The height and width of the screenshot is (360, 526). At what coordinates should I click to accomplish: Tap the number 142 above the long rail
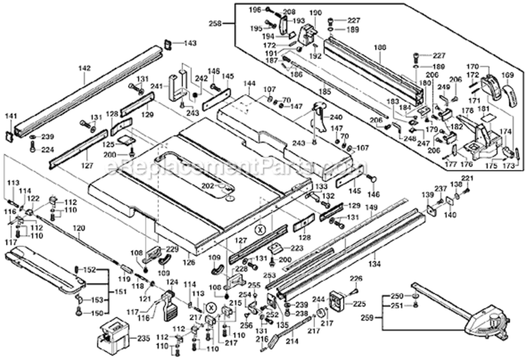click(x=85, y=69)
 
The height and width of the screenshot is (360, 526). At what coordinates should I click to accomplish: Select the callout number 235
click(x=143, y=338)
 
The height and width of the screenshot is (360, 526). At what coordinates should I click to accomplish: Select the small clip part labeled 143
click(x=168, y=44)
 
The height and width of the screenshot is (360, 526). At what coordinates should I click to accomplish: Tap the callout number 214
click(x=292, y=341)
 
